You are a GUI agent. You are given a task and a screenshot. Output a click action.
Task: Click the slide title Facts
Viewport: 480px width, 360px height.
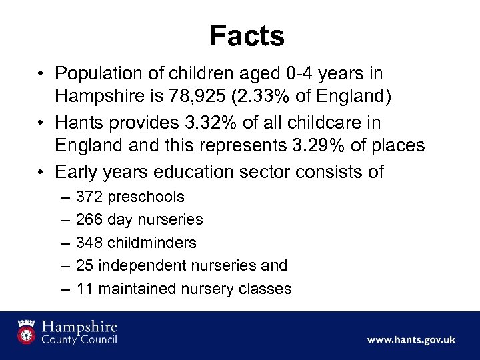(247, 36)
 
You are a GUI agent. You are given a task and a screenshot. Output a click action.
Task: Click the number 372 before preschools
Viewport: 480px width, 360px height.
(89, 197)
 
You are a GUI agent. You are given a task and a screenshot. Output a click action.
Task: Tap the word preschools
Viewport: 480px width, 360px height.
(145, 197)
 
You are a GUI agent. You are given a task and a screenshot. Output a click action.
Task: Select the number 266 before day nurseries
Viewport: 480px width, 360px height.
(89, 219)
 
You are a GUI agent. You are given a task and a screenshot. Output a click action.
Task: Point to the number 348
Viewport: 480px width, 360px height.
(89, 242)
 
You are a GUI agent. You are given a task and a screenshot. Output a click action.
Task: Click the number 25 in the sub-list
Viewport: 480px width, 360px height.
(85, 265)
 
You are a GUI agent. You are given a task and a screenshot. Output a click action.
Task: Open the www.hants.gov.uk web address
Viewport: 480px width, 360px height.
(411, 340)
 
